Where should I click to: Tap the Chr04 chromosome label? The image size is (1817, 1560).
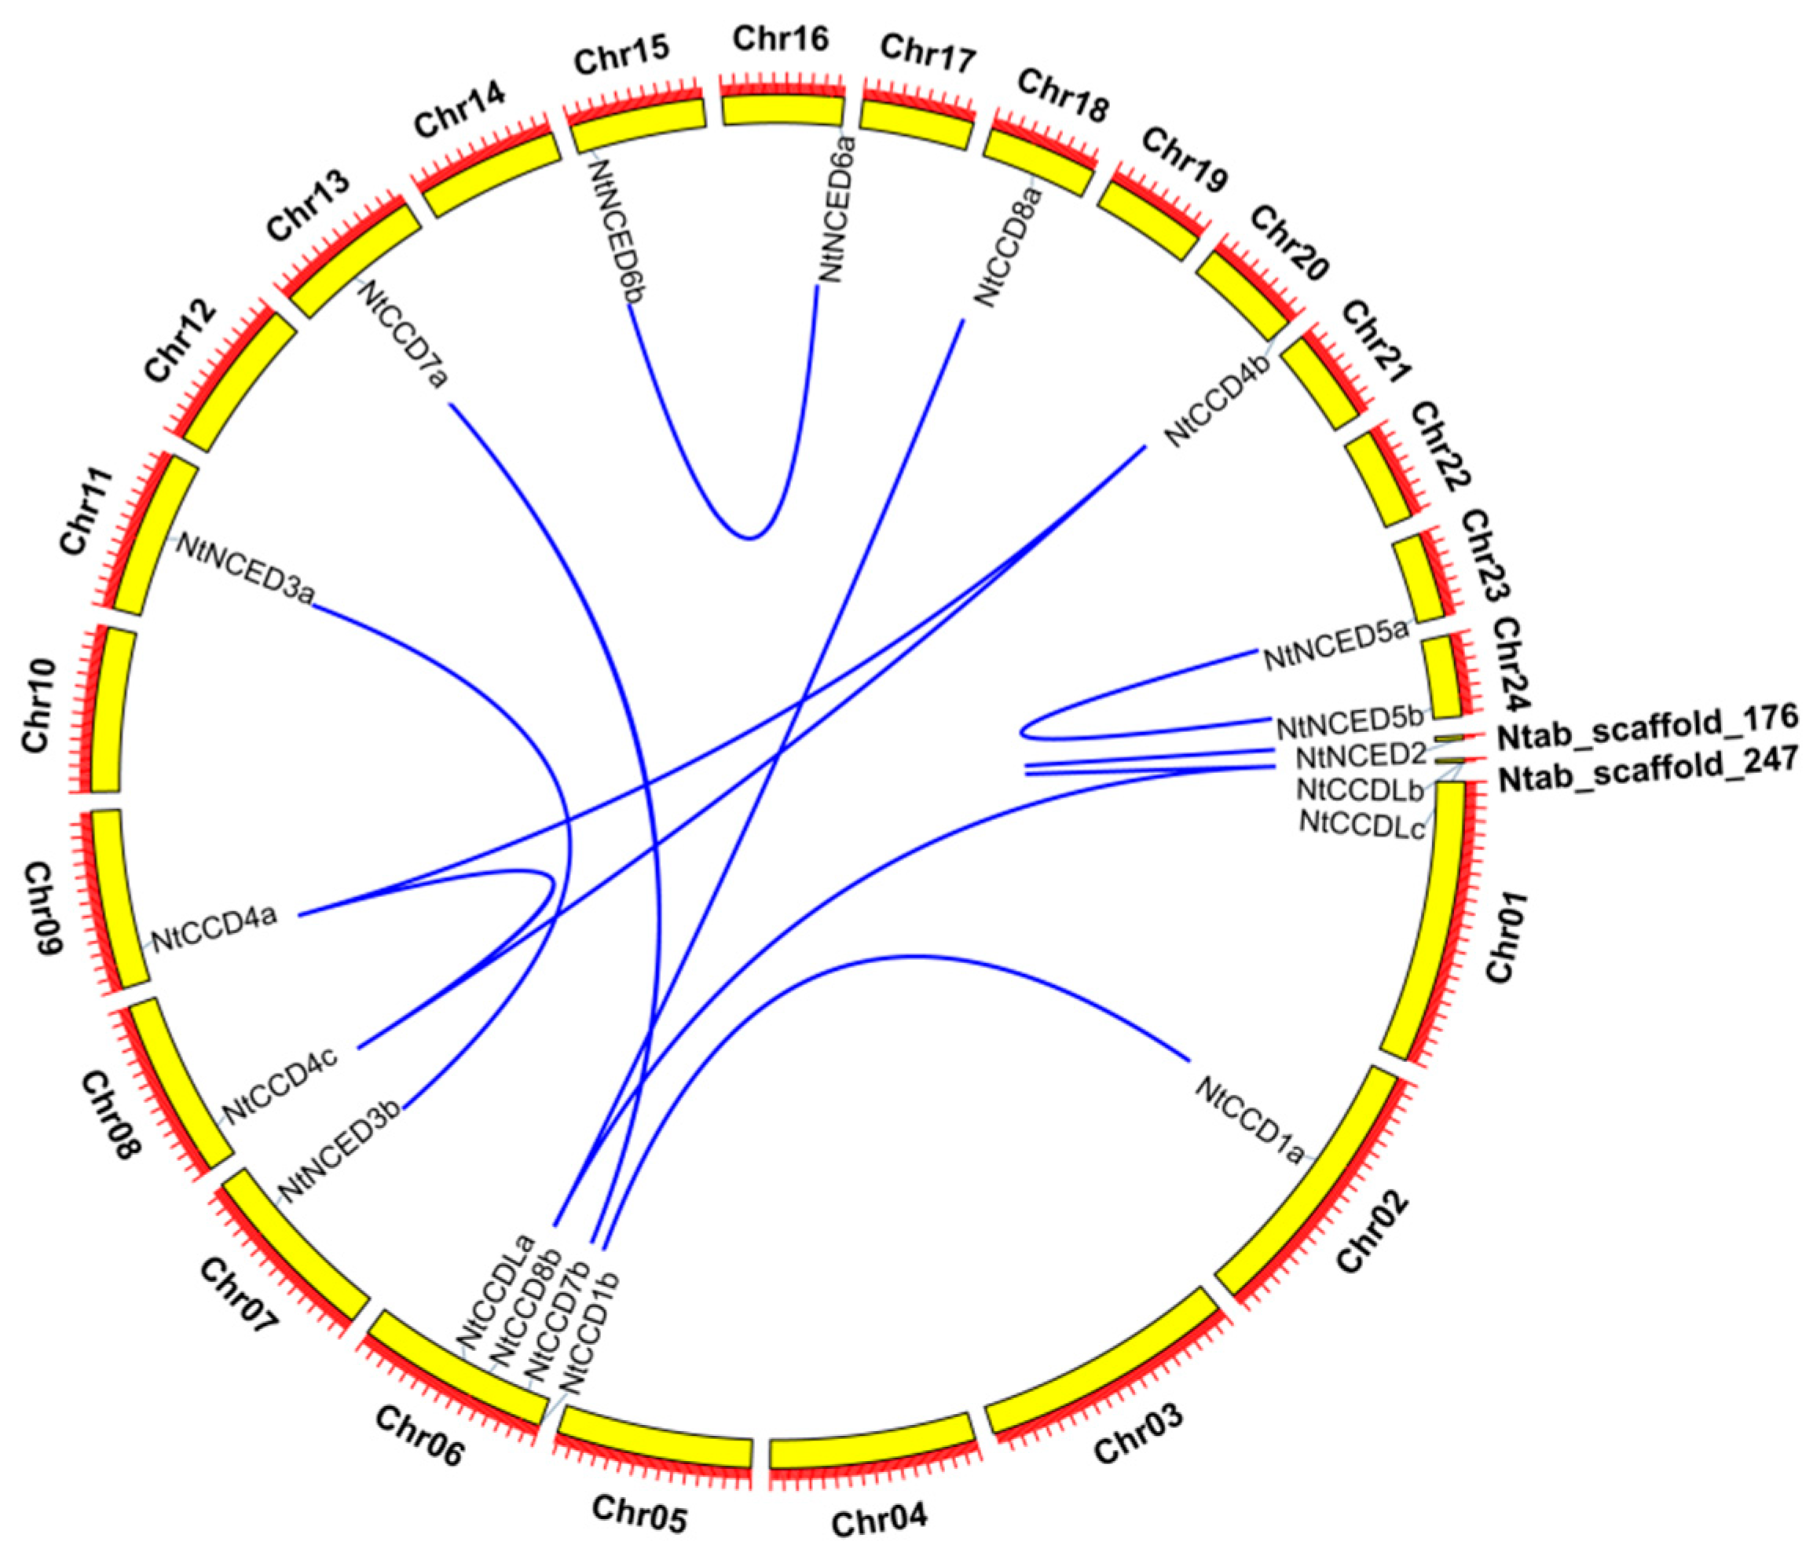879,1520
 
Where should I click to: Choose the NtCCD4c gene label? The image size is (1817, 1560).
280,1083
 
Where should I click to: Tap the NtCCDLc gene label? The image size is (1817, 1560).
1362,824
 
